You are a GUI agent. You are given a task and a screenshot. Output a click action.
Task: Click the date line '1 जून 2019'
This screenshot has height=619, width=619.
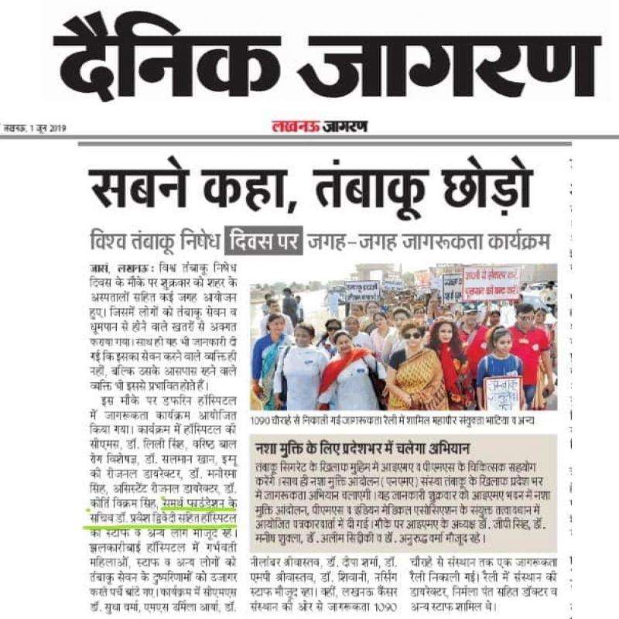click(50, 128)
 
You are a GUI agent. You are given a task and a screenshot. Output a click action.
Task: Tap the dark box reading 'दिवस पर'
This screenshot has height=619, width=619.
click(263, 241)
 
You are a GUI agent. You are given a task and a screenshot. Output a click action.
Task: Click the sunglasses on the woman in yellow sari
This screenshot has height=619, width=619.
click(412, 334)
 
